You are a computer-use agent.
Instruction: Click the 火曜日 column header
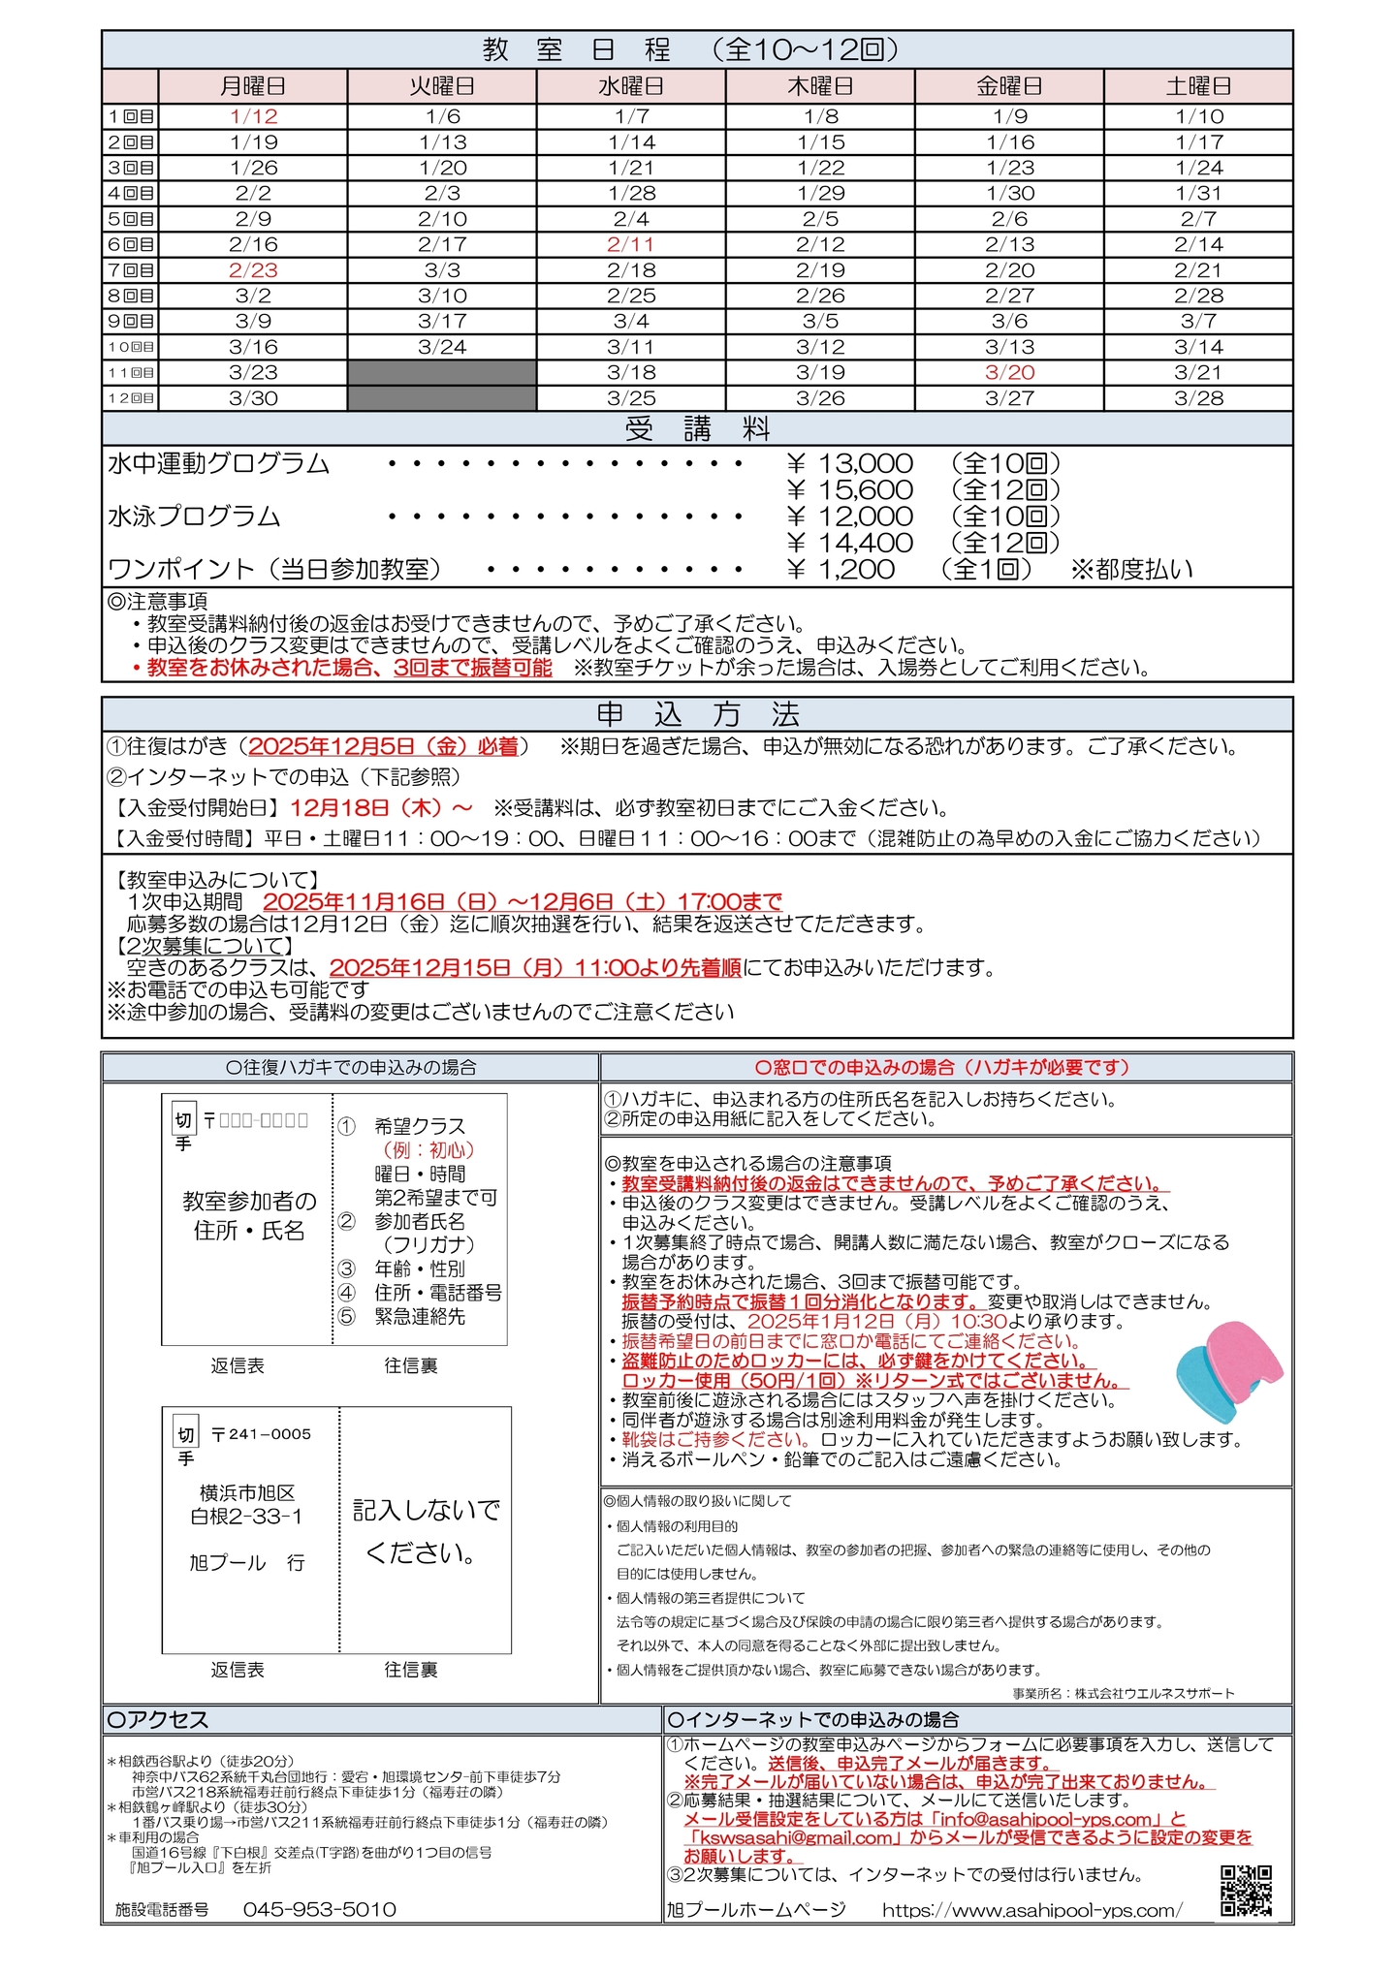tap(442, 86)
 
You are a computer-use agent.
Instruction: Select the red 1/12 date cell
tap(253, 117)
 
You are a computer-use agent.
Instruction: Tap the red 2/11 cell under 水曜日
tap(631, 245)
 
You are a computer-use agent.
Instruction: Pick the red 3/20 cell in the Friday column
tap(1009, 373)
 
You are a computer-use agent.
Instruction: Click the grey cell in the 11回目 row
tap(442, 373)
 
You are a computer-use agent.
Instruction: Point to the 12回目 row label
tap(131, 398)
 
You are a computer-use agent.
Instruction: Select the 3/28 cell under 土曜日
tap(1198, 398)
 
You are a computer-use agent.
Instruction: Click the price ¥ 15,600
tap(850, 490)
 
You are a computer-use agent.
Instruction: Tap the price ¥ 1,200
tap(841, 570)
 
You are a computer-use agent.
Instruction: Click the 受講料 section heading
tap(697, 428)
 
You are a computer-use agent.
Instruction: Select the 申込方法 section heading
tap(697, 715)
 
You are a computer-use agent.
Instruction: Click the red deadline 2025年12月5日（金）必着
tap(384, 746)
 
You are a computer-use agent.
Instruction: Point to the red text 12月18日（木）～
tap(381, 807)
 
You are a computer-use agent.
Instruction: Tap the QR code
tap(1246, 1890)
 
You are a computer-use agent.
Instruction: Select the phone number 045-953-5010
tap(319, 1909)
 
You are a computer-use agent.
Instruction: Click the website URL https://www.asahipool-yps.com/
tap(1031, 1910)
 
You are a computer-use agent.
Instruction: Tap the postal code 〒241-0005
tap(261, 1434)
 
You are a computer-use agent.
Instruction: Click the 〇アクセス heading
tap(158, 1720)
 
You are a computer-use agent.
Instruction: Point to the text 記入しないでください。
tap(426, 1531)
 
